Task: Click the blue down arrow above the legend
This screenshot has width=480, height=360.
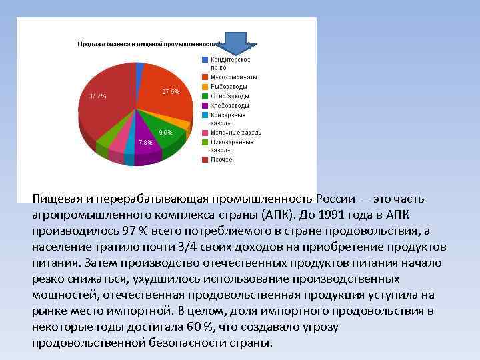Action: click(x=234, y=43)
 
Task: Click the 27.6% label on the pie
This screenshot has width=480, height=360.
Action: click(x=171, y=91)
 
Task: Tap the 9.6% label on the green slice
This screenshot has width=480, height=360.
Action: click(x=165, y=132)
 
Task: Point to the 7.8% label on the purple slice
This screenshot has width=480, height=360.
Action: click(x=145, y=142)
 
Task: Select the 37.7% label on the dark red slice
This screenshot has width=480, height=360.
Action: click(x=97, y=96)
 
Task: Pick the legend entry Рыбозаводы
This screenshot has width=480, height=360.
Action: click(x=229, y=87)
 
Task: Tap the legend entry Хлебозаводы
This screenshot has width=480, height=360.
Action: click(x=230, y=105)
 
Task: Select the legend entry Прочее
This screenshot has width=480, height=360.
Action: click(x=221, y=159)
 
